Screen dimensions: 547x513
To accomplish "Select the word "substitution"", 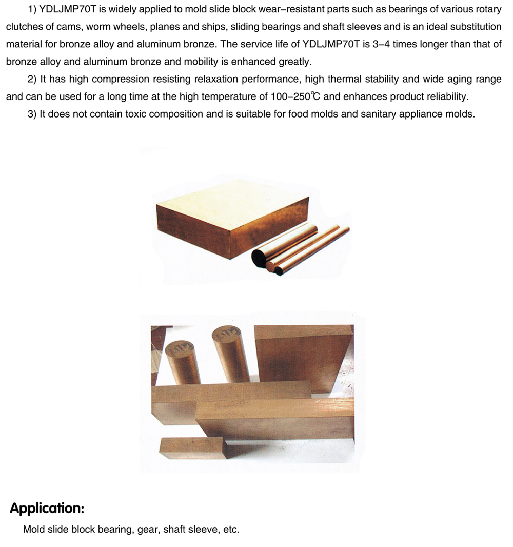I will [x=473, y=27].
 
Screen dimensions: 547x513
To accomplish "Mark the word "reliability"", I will [x=442, y=96].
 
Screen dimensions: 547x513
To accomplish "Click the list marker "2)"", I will [x=33, y=79].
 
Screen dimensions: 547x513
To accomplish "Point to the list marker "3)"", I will [x=33, y=114].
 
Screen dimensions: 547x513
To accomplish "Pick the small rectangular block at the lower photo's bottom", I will [x=191, y=448].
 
